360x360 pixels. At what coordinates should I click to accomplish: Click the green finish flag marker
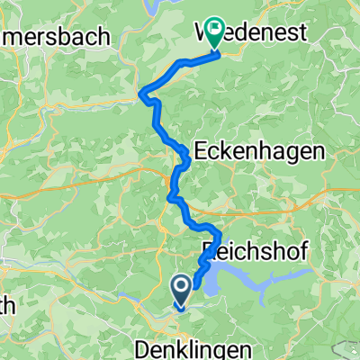215,31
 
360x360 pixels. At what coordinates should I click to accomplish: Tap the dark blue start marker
181,291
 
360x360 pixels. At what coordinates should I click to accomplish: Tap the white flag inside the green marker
215,28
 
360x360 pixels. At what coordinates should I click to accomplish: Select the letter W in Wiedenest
203,33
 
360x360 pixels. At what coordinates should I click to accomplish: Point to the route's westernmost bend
144,90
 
